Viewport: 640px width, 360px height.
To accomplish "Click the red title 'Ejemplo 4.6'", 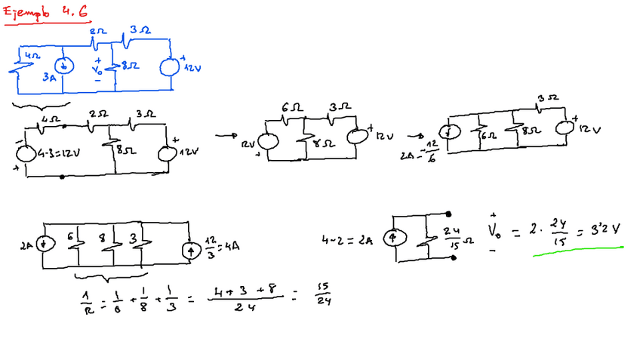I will (45, 13).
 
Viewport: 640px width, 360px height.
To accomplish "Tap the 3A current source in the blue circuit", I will (64, 66).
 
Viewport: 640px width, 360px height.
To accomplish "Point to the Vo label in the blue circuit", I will (97, 66).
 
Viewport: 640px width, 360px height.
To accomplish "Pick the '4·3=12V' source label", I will (57, 153).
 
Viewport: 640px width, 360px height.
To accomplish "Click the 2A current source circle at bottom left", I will (45, 244).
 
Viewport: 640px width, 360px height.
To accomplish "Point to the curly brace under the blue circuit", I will (42, 104).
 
